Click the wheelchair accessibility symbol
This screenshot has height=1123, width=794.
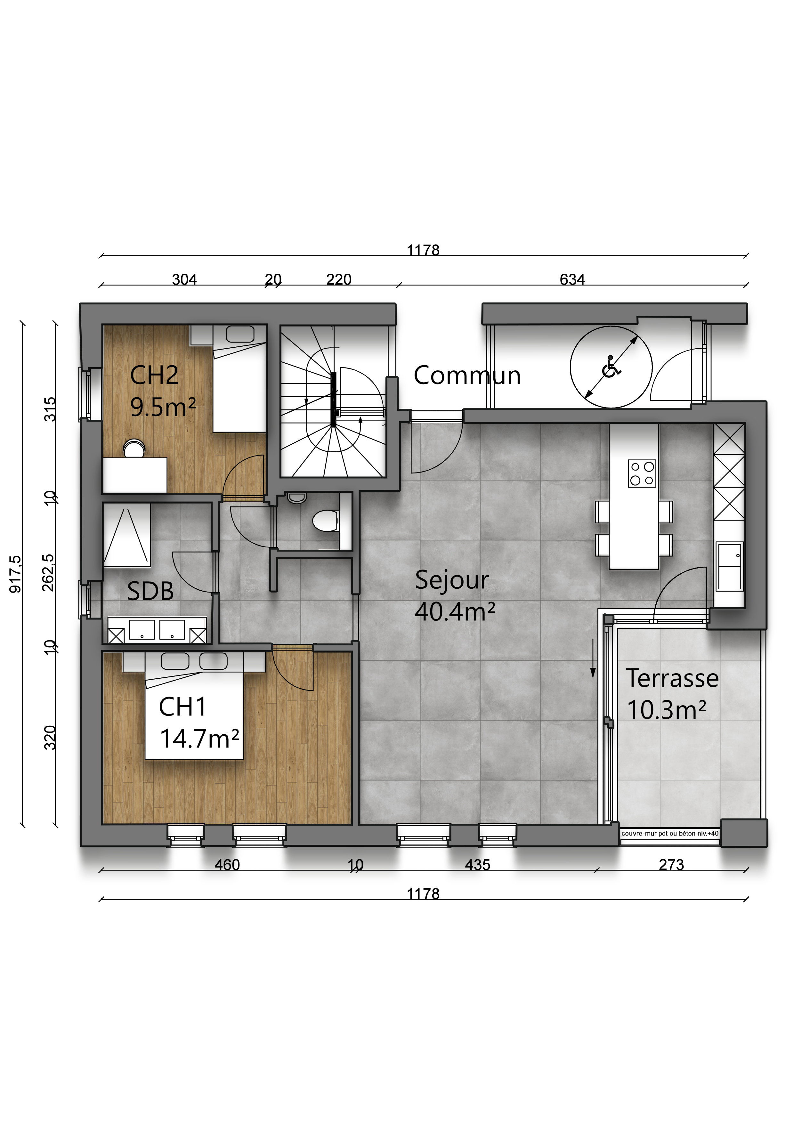611,367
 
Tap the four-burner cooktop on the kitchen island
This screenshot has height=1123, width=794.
642,473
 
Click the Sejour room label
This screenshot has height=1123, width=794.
451,580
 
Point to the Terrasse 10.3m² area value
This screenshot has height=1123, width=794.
667,710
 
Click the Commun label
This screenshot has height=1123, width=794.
467,375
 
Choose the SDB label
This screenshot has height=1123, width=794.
150,591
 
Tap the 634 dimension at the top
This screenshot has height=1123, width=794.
572,279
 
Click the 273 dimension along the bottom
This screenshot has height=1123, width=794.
671,865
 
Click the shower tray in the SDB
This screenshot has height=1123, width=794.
127,535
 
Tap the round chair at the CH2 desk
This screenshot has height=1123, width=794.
134,448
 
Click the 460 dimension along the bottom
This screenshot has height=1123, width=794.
227,865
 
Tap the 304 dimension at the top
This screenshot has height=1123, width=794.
184,279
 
